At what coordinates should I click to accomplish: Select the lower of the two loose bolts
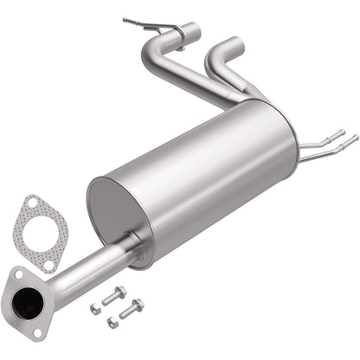(x=132, y=307)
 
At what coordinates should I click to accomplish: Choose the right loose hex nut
(x=112, y=322)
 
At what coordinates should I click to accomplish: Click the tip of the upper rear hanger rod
(x=343, y=132)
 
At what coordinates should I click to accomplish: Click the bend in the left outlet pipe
(x=157, y=52)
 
